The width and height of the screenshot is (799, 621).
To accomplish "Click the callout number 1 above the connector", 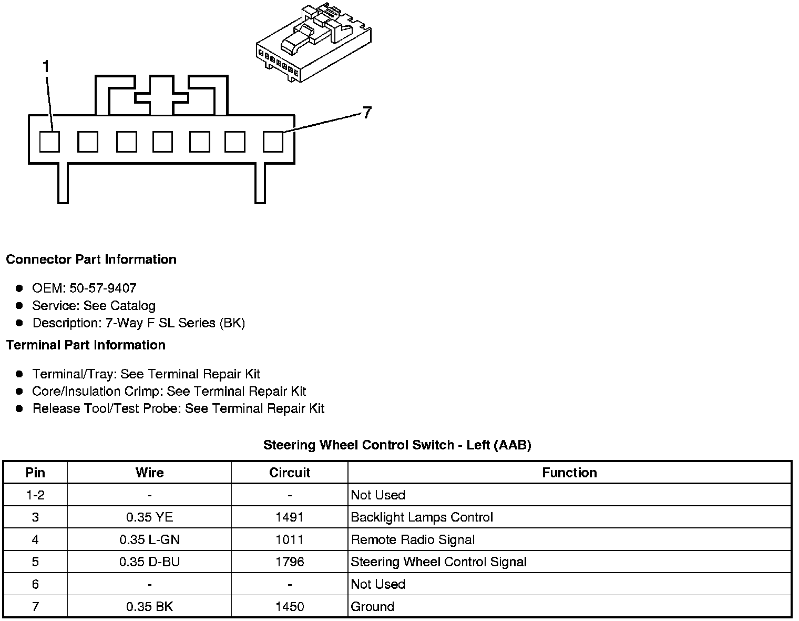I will coord(46,67).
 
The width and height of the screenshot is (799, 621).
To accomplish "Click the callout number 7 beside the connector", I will coord(367,112).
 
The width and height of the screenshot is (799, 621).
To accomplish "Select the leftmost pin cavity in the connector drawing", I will coord(50,142).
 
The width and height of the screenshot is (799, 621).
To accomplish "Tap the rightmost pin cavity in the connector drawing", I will coord(273,142).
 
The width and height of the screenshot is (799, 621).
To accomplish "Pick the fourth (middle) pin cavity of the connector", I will coord(162,142).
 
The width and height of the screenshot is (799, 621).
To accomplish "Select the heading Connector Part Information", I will coord(91,259).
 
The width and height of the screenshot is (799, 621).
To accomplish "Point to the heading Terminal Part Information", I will coord(86,345).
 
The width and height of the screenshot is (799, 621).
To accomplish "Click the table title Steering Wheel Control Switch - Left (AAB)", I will coord(397,445).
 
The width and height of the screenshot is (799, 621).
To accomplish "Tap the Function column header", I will coord(569,473).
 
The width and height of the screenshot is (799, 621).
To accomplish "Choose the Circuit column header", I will coord(290,473).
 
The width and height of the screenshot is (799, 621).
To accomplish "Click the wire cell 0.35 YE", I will coord(149,517).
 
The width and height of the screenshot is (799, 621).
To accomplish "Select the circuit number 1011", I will coord(290,540).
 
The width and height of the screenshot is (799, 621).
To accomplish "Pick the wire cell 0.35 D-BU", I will coord(149,562).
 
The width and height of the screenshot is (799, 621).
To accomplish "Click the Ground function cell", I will coord(372,607).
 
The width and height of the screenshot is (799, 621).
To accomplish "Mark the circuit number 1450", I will coord(290,607).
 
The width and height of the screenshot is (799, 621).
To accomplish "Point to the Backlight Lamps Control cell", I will coord(422,517).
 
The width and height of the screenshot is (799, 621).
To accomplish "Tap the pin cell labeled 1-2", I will coord(35,495).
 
